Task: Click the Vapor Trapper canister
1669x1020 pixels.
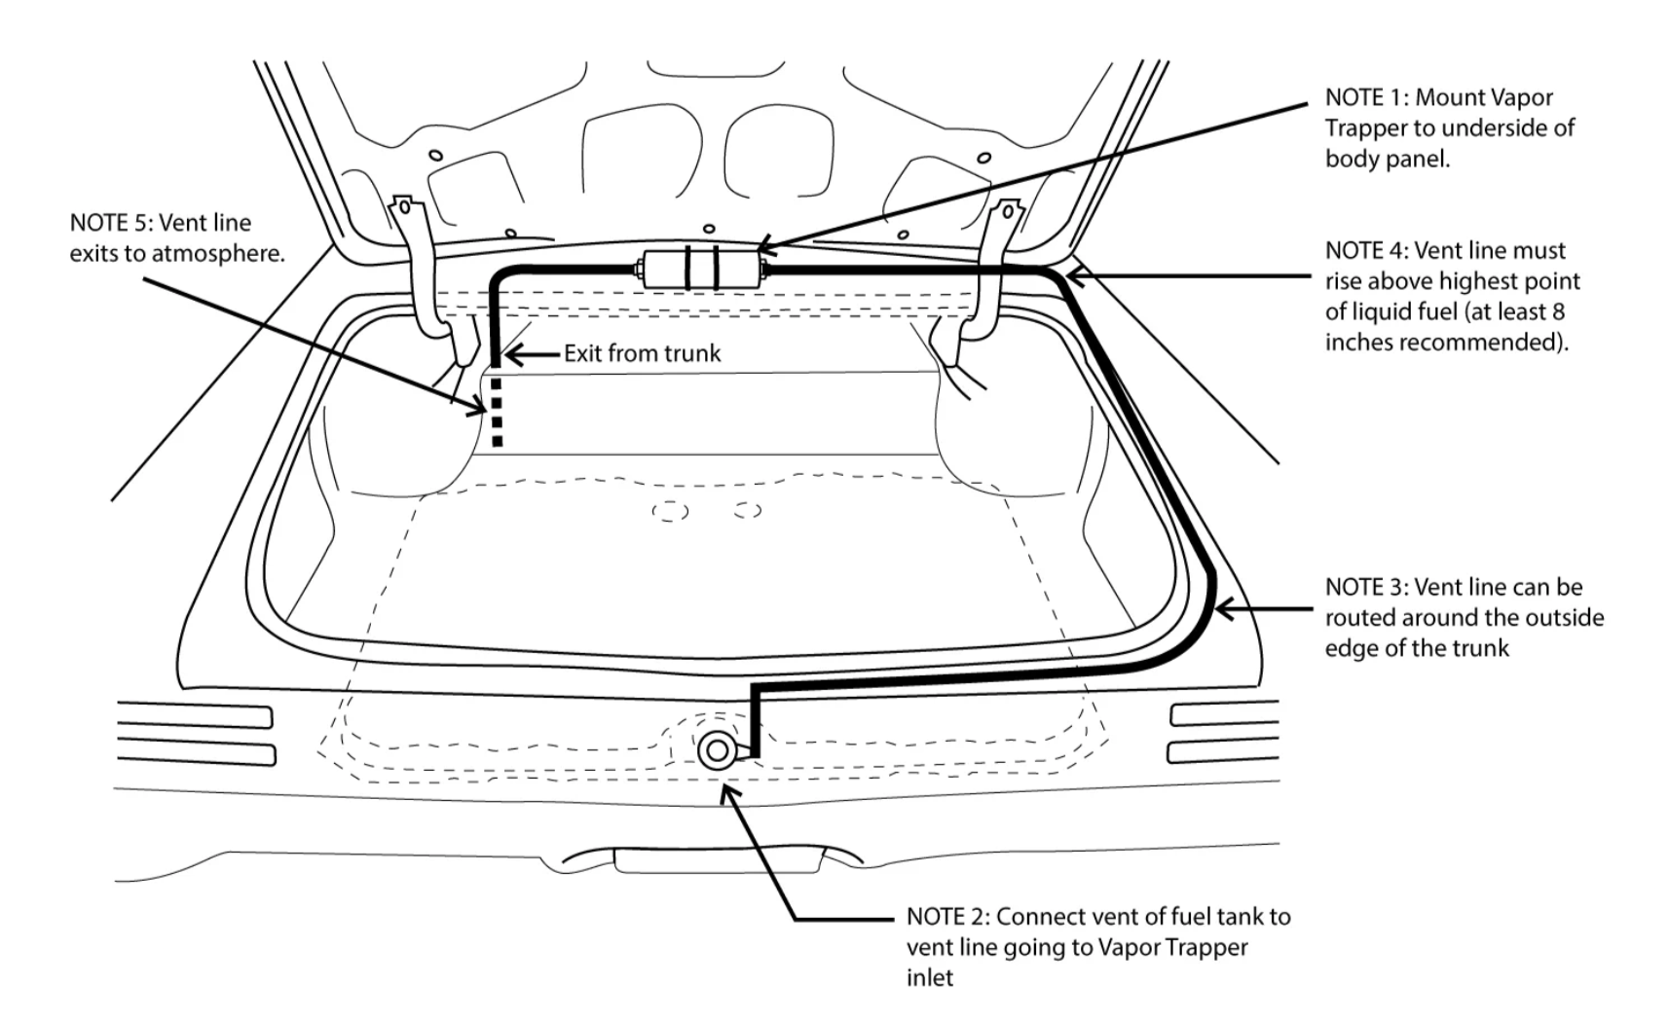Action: pos(701,270)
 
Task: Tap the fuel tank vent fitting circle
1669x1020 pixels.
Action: pos(717,750)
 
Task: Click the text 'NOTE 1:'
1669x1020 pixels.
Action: pos(1366,97)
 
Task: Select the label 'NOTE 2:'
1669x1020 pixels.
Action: pos(947,916)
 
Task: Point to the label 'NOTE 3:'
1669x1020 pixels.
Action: pos(1366,587)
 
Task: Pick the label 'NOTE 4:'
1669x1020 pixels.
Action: pos(1366,250)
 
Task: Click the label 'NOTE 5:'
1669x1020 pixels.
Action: pos(111,223)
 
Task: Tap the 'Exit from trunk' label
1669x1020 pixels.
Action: pos(643,353)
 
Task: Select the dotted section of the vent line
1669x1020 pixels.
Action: pos(497,412)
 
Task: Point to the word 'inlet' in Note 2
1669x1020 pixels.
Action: pos(929,977)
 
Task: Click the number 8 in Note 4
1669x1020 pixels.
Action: pos(1558,311)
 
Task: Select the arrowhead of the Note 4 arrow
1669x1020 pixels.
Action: pos(1077,276)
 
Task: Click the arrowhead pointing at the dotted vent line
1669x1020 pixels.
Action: pos(477,406)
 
